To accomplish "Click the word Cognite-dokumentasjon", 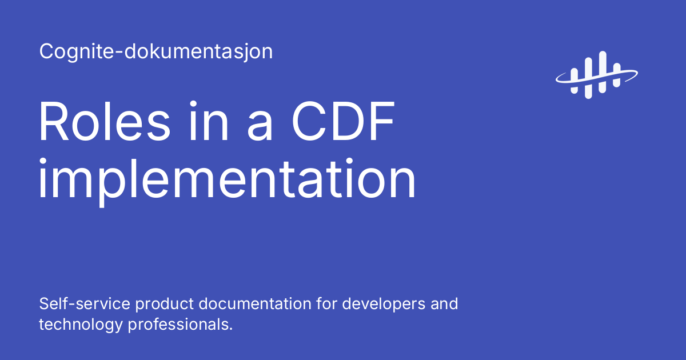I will [155, 52].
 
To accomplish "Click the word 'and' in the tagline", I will [444, 303].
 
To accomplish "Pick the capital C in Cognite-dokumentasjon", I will [46, 52].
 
